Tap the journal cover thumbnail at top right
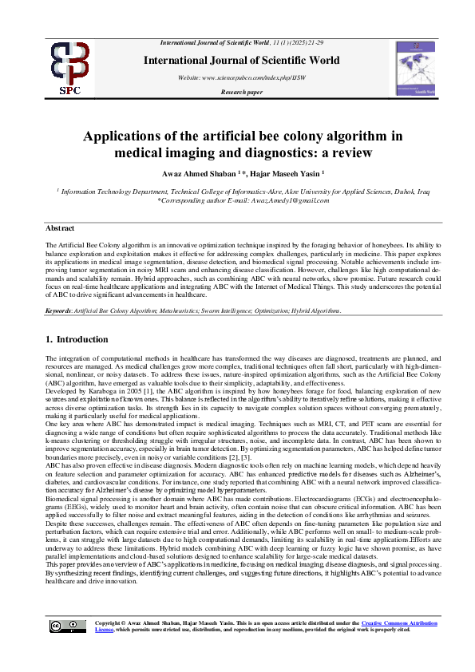(x=415, y=69)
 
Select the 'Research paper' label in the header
(x=241, y=93)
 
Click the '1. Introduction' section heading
(x=77, y=340)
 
